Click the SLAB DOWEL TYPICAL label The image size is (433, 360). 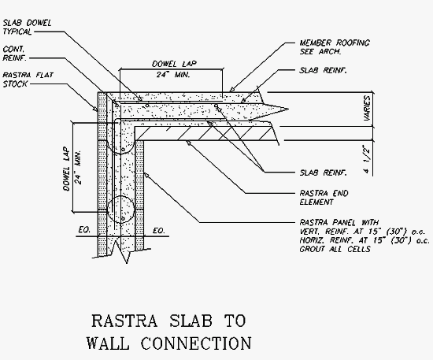point(27,27)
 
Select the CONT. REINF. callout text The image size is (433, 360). point(15,54)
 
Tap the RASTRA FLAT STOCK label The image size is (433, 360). point(28,80)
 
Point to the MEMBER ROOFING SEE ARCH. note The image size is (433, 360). point(335,47)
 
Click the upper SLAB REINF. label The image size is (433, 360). point(323,70)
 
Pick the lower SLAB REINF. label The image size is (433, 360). point(323,173)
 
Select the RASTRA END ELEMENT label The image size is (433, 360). point(324,198)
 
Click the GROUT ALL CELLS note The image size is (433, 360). point(335,249)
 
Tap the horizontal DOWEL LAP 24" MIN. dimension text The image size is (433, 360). point(174,69)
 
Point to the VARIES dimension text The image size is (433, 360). point(367,108)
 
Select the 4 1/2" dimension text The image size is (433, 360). point(367,159)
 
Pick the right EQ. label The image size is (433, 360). point(159,231)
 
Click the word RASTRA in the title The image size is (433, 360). point(124,321)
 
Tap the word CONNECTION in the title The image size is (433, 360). point(196,343)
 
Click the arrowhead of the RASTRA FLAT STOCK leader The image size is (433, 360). point(96,109)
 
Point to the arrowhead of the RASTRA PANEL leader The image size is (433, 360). point(146,175)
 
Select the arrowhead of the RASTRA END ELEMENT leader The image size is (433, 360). point(188,143)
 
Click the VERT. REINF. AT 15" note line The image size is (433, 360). point(363,232)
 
